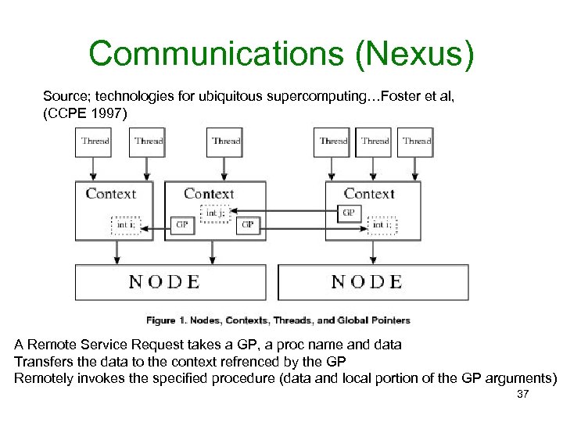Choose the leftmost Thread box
pyautogui.click(x=96, y=142)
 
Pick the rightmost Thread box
pyautogui.click(x=417, y=142)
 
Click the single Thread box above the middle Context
pyautogui.click(x=227, y=142)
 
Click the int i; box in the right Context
pyautogui.click(x=382, y=226)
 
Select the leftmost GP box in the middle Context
pyautogui.click(x=182, y=226)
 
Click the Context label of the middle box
pyautogui.click(x=209, y=193)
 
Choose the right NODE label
pyautogui.click(x=367, y=281)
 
